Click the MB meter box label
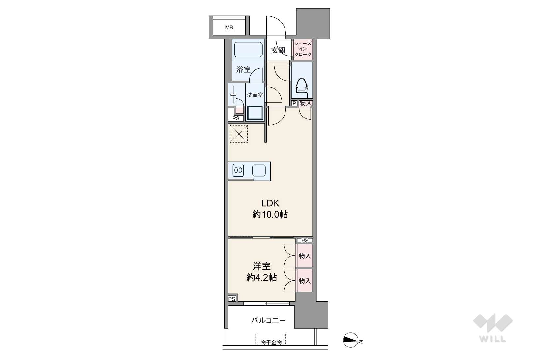click(x=229, y=28)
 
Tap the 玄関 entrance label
click(x=278, y=51)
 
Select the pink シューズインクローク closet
click(x=303, y=49)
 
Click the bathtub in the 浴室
click(x=248, y=50)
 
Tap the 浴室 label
click(x=243, y=70)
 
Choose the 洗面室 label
click(x=255, y=95)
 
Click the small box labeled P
click(x=294, y=104)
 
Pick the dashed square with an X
click(x=239, y=134)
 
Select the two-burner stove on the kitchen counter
click(x=238, y=170)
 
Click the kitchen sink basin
click(x=259, y=170)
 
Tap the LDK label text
click(x=270, y=203)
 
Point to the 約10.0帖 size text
click(x=270, y=214)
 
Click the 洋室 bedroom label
click(x=261, y=267)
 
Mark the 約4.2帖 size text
click(x=261, y=278)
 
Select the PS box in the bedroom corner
click(x=232, y=299)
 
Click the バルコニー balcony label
click(x=268, y=320)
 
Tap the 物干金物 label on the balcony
click(x=271, y=342)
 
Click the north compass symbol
click(x=351, y=340)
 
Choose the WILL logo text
click(x=493, y=339)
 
